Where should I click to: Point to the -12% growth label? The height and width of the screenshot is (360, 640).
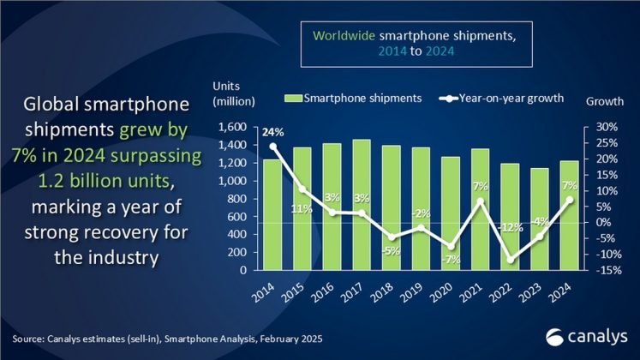[x=511, y=227]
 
